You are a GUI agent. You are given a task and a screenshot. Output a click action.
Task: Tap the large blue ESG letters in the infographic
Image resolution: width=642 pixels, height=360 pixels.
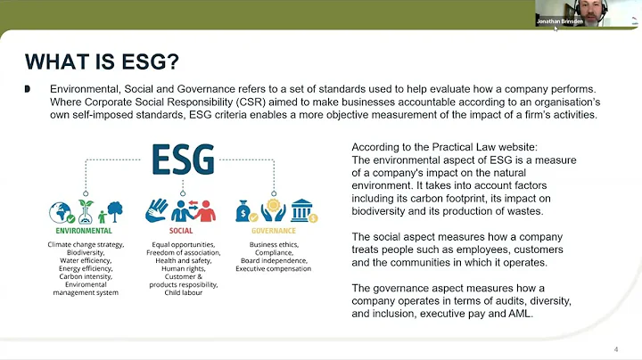(x=183, y=160)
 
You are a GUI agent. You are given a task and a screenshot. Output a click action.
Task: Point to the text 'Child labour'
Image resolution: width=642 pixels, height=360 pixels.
(x=184, y=292)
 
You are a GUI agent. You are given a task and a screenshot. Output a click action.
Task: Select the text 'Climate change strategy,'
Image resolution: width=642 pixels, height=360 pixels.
(x=86, y=243)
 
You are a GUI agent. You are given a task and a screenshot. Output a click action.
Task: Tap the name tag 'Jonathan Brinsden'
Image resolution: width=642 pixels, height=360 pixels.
(x=558, y=20)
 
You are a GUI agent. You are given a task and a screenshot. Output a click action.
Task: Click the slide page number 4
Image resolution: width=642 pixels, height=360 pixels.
(x=616, y=348)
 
